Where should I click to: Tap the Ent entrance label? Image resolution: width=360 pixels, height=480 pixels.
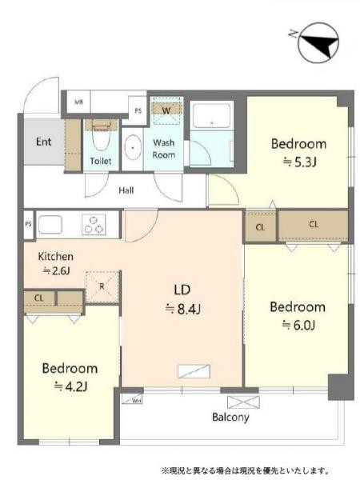[44, 143]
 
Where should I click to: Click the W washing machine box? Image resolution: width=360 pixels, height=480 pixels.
[166, 110]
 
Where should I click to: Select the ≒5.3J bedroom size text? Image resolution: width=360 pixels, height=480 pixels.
[298, 162]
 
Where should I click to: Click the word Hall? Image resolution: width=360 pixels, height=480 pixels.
[126, 190]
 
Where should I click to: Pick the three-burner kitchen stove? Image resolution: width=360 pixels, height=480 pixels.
[94, 225]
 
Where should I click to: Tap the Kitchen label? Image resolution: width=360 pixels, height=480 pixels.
[56, 257]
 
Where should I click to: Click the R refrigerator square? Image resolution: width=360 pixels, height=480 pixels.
[102, 286]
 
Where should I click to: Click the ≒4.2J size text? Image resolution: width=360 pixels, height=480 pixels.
[70, 386]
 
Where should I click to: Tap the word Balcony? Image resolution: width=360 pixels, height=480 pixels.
[230, 417]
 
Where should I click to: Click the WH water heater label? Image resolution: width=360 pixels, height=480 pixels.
[136, 400]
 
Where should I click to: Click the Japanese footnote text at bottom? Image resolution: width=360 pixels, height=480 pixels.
[246, 470]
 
